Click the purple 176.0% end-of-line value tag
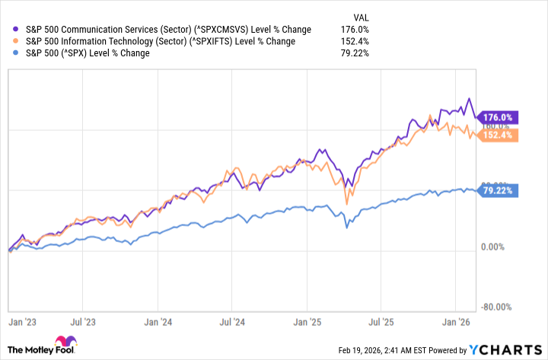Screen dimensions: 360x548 point(498,117)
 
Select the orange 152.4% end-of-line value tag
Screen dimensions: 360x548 point(498,135)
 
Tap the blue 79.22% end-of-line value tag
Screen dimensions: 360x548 point(498,191)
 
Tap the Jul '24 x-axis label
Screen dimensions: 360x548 point(237,323)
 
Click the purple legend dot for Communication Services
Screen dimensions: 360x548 point(9,28)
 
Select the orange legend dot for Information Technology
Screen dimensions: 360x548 point(9,41)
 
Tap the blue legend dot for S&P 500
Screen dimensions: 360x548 point(9,53)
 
